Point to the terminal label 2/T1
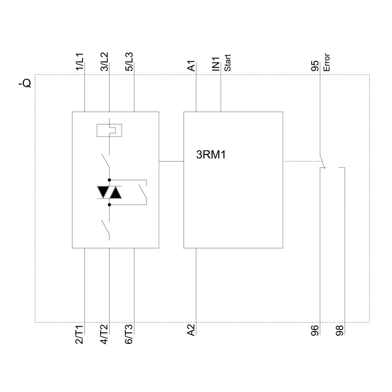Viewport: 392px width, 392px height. coord(80,334)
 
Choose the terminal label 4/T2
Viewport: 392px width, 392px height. coord(104,334)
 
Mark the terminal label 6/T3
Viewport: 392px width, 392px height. coord(129,334)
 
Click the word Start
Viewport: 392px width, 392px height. coord(227,63)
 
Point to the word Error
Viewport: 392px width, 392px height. coord(327,62)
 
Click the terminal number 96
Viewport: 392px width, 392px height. coord(315,330)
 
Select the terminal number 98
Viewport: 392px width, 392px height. coord(340,330)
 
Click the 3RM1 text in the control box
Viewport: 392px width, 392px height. coord(211,155)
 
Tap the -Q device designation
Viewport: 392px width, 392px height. coord(24,83)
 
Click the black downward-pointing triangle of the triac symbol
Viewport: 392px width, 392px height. coord(103,192)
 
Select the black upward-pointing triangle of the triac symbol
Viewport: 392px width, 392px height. coord(116,192)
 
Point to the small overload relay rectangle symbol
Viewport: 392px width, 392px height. coord(109,130)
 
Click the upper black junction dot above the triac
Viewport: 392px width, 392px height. coord(109,179)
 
